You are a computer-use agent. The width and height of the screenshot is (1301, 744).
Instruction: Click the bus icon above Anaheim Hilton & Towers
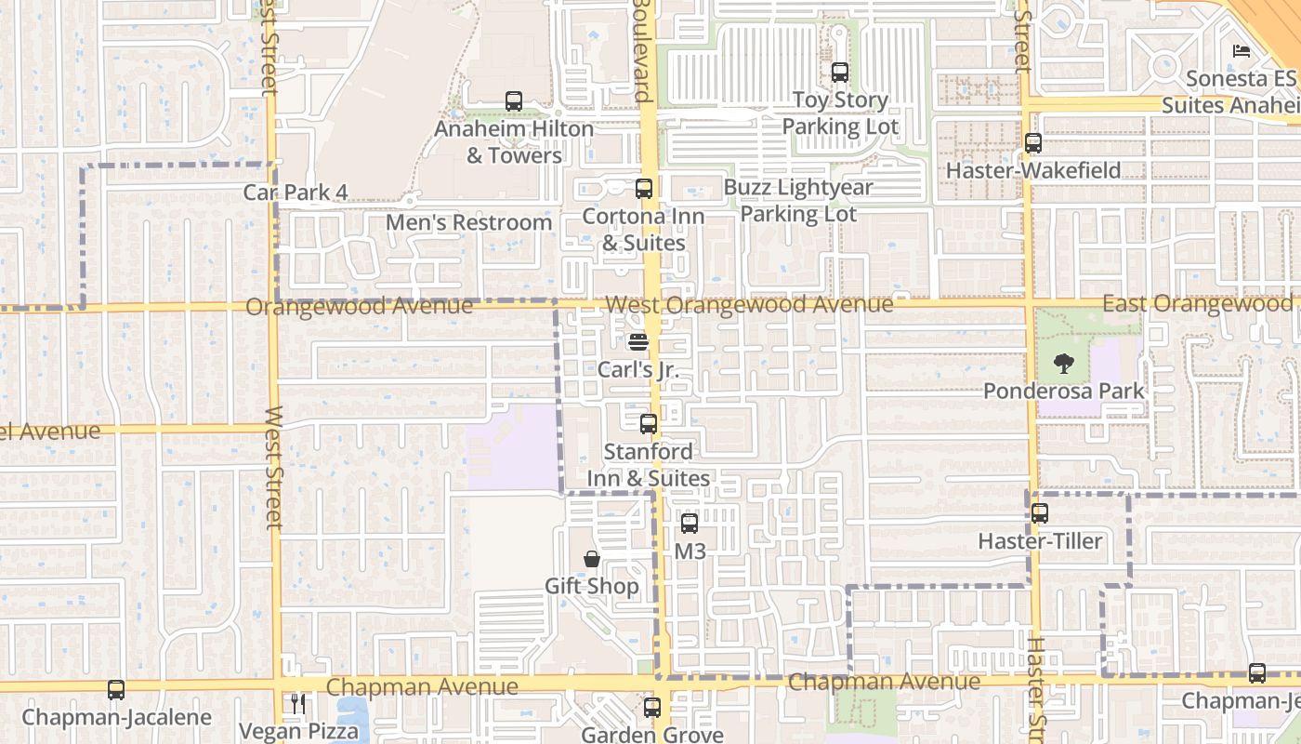[x=513, y=100]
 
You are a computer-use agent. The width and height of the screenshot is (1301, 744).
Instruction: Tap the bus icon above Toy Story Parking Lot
[x=840, y=72]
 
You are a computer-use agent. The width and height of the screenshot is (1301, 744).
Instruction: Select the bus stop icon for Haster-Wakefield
[x=1032, y=143]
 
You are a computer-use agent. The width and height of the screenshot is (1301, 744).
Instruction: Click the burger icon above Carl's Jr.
[x=637, y=341]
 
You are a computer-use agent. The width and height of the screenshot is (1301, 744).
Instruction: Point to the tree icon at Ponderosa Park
[x=1064, y=363]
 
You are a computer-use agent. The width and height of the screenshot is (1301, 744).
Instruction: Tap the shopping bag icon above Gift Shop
[x=591, y=558]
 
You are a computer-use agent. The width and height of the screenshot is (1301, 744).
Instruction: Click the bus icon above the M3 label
[x=689, y=524]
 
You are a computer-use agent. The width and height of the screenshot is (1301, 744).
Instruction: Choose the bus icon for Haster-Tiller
[x=1040, y=513]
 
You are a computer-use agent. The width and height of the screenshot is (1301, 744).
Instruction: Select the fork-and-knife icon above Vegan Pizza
[x=297, y=703]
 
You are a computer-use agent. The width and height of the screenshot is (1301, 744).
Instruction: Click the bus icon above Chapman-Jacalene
[x=116, y=690]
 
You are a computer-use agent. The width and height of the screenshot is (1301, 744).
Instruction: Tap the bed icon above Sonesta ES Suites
[x=1241, y=51]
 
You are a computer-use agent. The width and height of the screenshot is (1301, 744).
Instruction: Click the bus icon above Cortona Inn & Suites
[x=643, y=189]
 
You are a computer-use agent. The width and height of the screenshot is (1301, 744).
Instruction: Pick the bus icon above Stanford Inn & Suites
[x=648, y=424]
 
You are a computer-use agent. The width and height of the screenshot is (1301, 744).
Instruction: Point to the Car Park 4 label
[x=296, y=193]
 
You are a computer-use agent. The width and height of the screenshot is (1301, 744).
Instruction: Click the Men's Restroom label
[x=468, y=223]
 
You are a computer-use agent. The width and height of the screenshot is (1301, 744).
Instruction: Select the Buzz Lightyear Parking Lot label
[x=798, y=200]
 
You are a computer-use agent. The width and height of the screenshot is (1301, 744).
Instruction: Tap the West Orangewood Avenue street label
[x=749, y=304]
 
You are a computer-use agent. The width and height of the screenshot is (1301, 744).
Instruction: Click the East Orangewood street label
[x=1197, y=304]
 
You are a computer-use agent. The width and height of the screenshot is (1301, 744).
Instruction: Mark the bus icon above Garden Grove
[x=651, y=707]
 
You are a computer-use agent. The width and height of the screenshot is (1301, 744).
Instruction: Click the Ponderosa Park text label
[x=1064, y=391]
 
